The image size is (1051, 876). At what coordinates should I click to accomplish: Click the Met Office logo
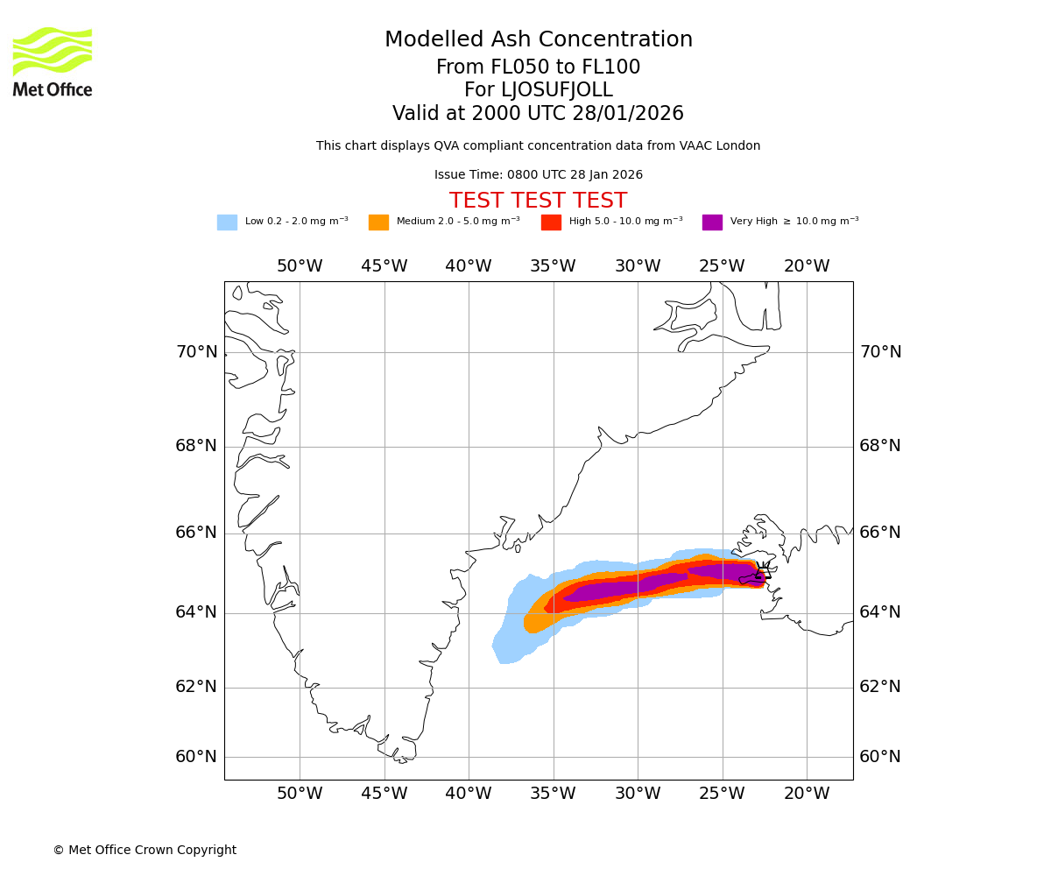tap(53, 61)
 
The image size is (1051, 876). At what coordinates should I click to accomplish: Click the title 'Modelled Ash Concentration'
tap(539, 40)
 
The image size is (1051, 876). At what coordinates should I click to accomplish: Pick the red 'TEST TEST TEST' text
tap(538, 201)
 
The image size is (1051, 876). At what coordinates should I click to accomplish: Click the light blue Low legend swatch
tap(227, 223)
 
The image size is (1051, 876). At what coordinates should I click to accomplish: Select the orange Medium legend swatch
tap(378, 223)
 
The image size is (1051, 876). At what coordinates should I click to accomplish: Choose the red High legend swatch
tap(551, 223)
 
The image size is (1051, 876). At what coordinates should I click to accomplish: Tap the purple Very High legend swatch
tap(712, 223)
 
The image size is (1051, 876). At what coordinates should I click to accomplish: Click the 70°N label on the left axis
tap(196, 352)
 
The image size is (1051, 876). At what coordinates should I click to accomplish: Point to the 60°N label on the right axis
tap(880, 757)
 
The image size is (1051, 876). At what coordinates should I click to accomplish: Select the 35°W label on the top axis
tap(553, 266)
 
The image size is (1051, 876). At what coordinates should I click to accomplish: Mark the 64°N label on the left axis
tap(196, 612)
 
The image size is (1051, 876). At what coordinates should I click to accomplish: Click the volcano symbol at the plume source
tap(762, 573)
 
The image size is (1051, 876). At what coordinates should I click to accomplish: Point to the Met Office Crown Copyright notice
tap(145, 851)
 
